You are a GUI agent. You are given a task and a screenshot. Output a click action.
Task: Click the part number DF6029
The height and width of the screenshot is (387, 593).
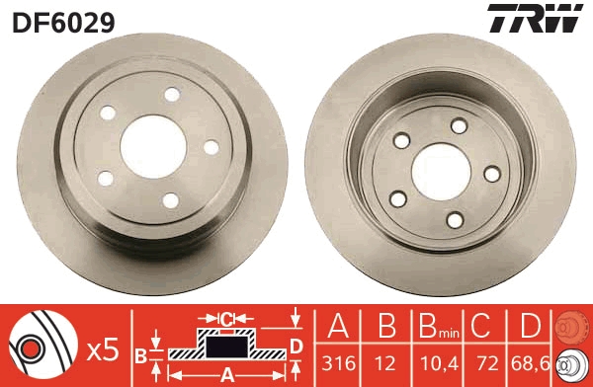tap(63, 21)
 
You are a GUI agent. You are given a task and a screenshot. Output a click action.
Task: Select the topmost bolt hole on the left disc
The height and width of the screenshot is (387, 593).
tap(173, 94)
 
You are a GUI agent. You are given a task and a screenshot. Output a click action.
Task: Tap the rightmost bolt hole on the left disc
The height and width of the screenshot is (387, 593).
tap(210, 147)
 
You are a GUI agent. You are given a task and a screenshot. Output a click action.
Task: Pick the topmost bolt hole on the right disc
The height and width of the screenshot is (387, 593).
tap(458, 125)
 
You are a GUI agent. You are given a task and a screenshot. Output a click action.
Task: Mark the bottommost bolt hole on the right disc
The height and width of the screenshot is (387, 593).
tap(456, 219)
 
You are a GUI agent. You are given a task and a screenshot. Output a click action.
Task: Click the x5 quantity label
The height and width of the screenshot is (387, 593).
tap(104, 348)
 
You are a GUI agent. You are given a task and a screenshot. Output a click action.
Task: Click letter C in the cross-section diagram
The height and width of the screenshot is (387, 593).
tap(226, 318)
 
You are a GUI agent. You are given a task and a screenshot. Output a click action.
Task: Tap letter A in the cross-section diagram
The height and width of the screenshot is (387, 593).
tap(226, 374)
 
